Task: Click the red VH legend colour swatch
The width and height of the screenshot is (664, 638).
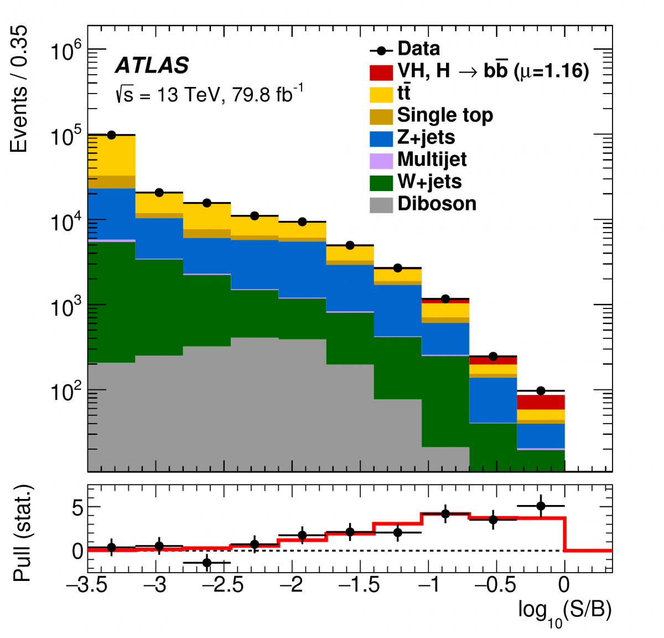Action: tap(381, 72)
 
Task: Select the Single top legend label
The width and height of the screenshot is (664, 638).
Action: tap(445, 115)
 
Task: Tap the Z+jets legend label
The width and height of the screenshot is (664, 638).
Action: tap(426, 137)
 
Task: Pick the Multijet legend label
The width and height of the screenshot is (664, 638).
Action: tap(432, 159)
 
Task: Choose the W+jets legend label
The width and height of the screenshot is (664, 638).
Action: tap(429, 182)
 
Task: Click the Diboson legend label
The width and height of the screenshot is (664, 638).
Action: tap(437, 204)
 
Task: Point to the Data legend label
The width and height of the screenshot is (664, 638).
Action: tap(419, 49)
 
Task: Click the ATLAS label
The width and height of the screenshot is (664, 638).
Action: tap(152, 66)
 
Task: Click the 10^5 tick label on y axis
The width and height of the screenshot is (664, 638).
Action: tap(66, 135)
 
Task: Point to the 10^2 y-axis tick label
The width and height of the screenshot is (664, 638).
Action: tap(66, 391)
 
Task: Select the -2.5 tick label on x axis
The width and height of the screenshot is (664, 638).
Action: tap(225, 585)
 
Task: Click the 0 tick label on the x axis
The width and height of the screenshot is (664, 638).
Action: tap(564, 585)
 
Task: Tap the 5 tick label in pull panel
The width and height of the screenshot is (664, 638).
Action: tap(77, 508)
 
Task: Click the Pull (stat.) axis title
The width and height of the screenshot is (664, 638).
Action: tap(22, 533)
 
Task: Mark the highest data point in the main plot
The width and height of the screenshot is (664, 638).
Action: tap(111, 135)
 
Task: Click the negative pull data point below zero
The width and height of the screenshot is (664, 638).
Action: tap(207, 563)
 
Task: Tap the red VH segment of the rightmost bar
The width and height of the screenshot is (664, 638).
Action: tap(541, 402)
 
